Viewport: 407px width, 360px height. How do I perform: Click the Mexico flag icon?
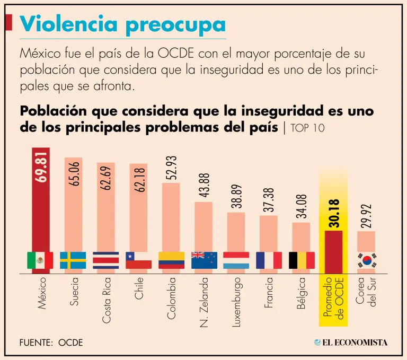40,260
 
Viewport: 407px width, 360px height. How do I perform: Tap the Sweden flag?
73,260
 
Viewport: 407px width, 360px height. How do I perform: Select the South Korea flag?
367,260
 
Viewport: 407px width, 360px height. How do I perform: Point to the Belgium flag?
302,260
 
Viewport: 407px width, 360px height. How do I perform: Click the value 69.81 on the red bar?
41,168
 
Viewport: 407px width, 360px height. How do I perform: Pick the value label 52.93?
171,168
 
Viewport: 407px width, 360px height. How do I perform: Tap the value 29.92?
367,216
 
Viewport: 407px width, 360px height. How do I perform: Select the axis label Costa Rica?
106,300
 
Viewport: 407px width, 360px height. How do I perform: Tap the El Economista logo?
350,342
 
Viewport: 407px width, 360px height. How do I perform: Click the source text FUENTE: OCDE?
51,342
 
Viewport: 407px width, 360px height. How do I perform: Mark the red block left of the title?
8,23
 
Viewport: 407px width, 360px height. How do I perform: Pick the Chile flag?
138,260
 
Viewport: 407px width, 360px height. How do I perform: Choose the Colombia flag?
171,260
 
